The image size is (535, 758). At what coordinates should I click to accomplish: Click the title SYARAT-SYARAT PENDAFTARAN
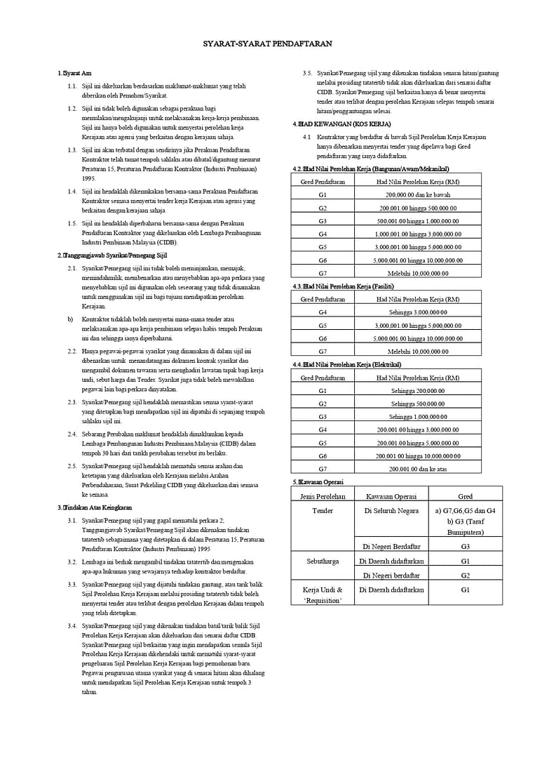click(267, 44)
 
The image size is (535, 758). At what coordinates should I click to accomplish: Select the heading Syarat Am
click(76, 73)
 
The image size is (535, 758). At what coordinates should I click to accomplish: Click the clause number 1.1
click(72, 86)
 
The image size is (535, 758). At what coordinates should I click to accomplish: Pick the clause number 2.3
click(72, 402)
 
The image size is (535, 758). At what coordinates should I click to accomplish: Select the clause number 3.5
click(307, 73)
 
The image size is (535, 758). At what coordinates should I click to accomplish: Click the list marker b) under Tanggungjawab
click(70, 319)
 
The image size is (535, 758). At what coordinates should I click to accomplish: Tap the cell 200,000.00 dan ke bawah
click(418, 195)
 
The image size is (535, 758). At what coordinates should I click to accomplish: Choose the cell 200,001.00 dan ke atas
click(418, 468)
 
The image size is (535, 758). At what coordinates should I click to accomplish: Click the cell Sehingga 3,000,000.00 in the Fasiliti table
click(418, 312)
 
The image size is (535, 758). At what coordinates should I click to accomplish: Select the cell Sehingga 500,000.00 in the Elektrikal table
click(418, 404)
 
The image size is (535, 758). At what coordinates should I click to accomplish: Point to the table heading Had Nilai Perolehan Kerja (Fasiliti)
click(343, 286)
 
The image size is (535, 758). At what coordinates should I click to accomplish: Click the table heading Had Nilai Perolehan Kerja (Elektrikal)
click(346, 364)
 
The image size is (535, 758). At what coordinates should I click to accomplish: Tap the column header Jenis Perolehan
click(323, 496)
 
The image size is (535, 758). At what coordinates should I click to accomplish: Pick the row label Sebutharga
click(323, 561)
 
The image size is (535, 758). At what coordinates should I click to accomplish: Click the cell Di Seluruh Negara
click(391, 510)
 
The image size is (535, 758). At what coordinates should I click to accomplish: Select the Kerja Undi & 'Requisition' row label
click(323, 595)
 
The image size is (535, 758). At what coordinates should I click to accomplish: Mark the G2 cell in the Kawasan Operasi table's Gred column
click(465, 576)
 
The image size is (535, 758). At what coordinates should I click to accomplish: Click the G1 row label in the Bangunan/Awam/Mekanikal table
click(323, 195)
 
